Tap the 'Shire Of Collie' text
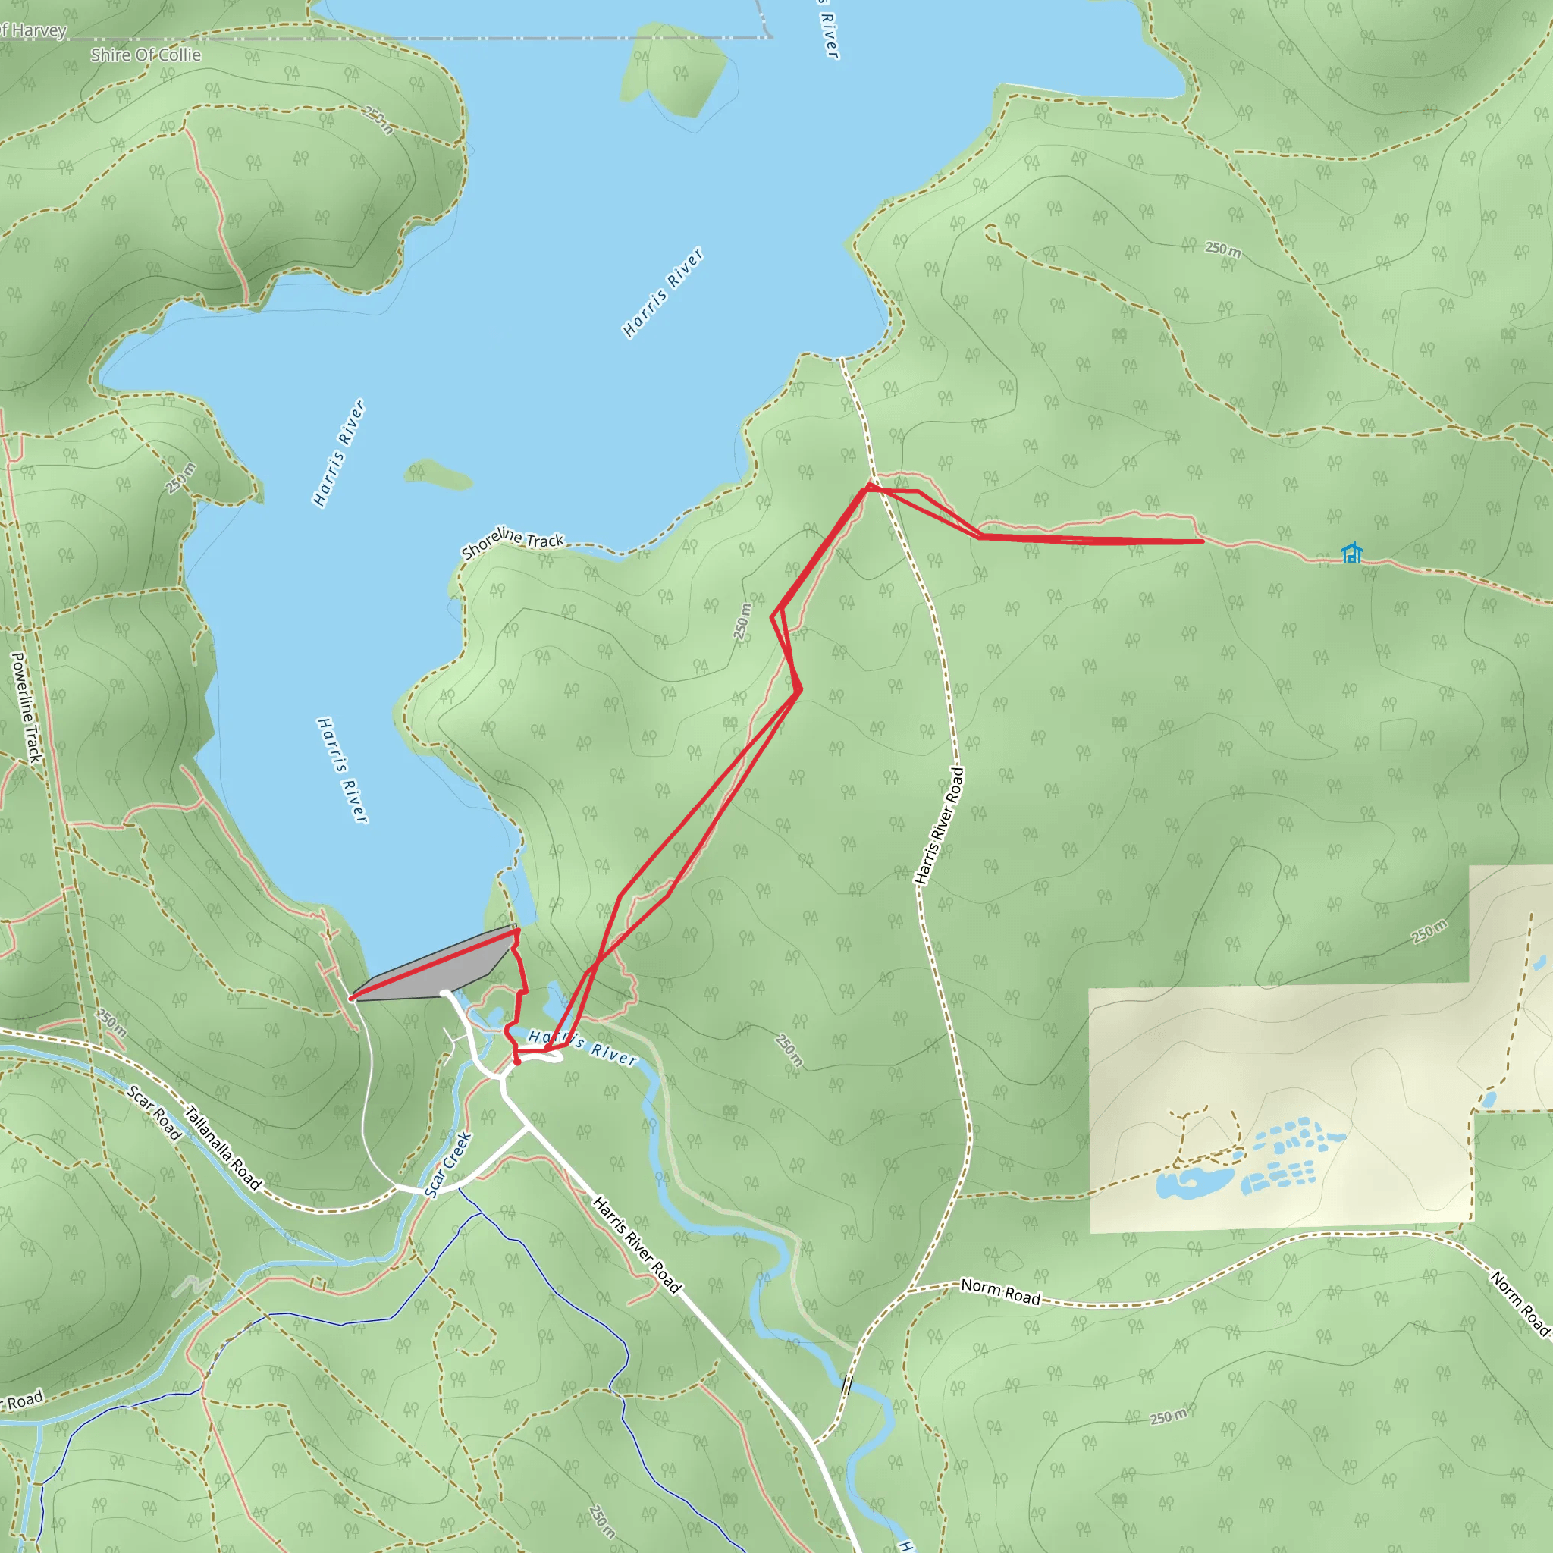pyautogui.click(x=146, y=55)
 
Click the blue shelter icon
pyautogui.click(x=1352, y=552)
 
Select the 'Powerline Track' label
pyautogui.click(x=27, y=707)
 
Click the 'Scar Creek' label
pyautogui.click(x=449, y=1166)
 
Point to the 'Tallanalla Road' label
pyautogui.click(x=224, y=1148)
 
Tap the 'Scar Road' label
pyautogui.click(x=155, y=1112)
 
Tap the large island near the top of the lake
pyautogui.click(x=673, y=71)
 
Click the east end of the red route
pyautogui.click(x=1203, y=541)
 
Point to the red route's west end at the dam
pyautogui.click(x=352, y=999)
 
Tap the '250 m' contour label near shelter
pyautogui.click(x=1222, y=249)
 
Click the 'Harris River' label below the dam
pyautogui.click(x=583, y=1047)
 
